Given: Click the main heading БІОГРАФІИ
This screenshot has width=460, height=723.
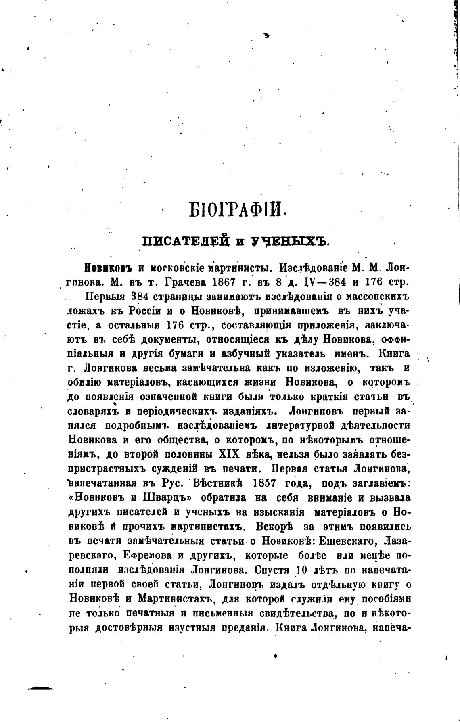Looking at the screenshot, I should (237, 211).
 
